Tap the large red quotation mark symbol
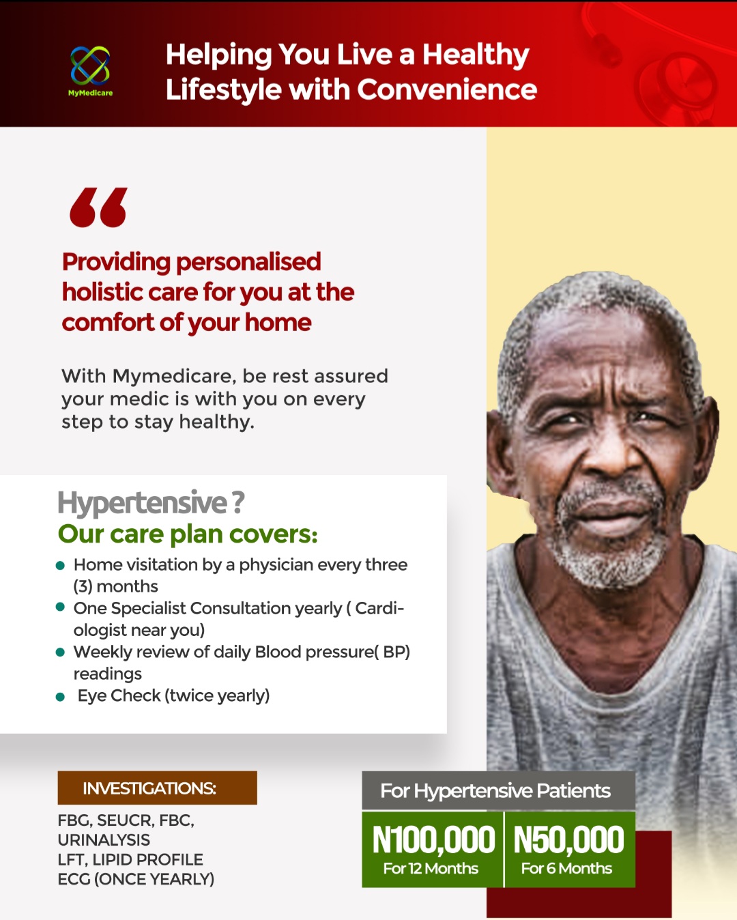(x=99, y=207)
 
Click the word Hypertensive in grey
(x=143, y=504)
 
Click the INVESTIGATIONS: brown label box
(x=158, y=788)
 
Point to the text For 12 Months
(x=431, y=869)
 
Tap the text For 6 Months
(x=566, y=869)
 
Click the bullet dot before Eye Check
(x=60, y=698)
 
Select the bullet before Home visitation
(x=60, y=566)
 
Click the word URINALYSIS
(x=104, y=840)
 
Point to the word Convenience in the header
(x=447, y=90)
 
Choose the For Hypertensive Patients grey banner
(x=498, y=790)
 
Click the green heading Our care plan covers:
(x=188, y=534)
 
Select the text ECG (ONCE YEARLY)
(x=136, y=879)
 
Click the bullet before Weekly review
(x=60, y=652)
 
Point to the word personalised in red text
(x=248, y=262)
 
